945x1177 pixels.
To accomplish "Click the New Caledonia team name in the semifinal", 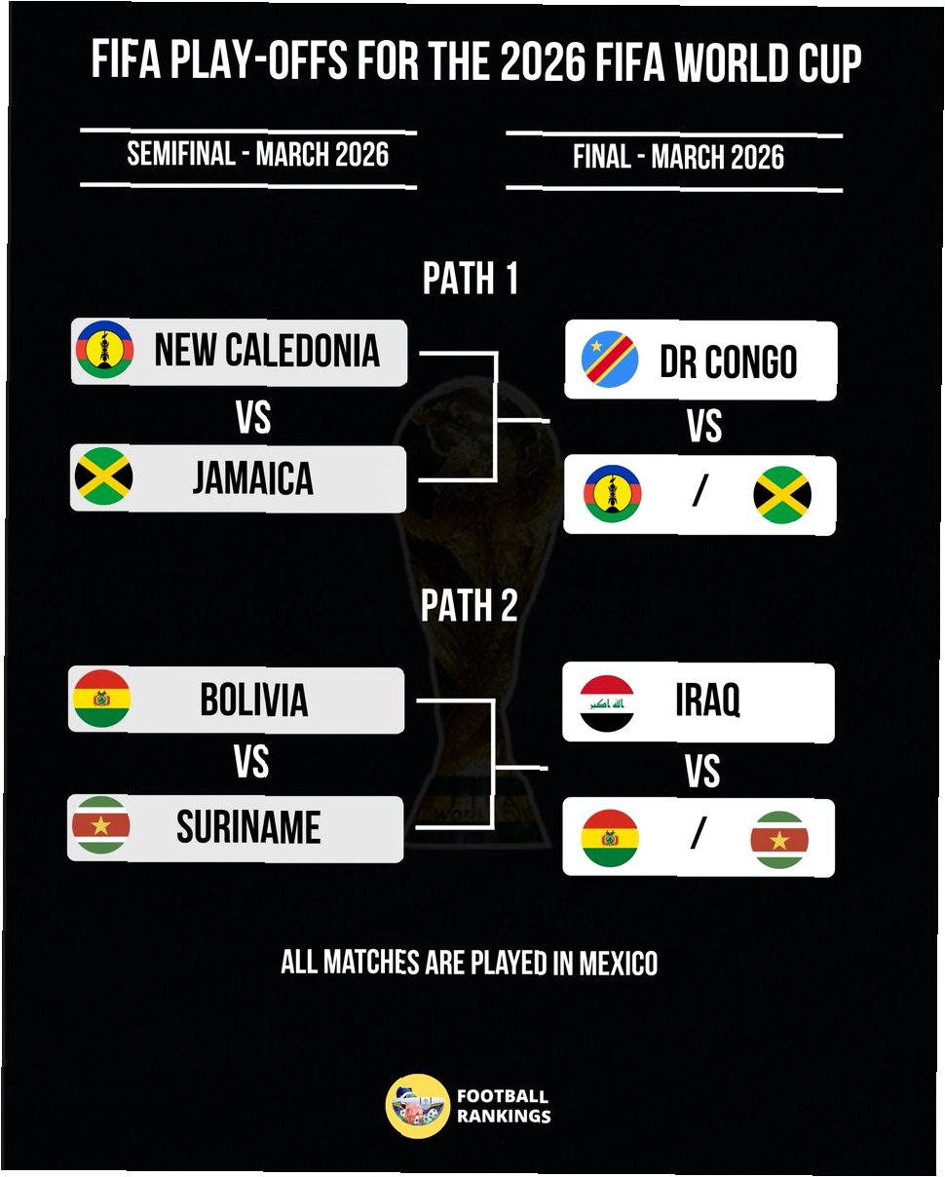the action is [266, 351].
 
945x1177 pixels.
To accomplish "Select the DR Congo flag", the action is [610, 360].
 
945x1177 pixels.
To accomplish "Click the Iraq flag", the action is [607, 702].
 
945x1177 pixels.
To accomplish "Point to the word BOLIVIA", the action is [253, 700].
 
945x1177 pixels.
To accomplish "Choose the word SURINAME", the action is [248, 828].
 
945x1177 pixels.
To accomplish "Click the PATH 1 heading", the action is [471, 280].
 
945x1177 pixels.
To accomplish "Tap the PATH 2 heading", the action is [470, 606].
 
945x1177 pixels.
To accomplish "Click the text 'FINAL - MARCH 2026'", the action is [678, 157].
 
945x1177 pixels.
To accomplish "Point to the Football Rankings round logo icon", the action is [417, 1106].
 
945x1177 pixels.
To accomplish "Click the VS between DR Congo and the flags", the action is [703, 427].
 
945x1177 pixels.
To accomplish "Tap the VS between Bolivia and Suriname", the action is [250, 762].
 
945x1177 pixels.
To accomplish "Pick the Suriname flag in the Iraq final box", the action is [778, 839].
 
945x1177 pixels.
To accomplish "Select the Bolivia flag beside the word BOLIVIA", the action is [101, 698].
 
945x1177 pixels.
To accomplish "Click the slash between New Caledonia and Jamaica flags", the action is [698, 493].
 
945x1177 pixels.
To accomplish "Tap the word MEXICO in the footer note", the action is [619, 964].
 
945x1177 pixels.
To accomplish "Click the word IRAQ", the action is [707, 701].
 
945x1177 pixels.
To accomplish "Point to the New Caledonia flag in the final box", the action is [612, 493].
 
